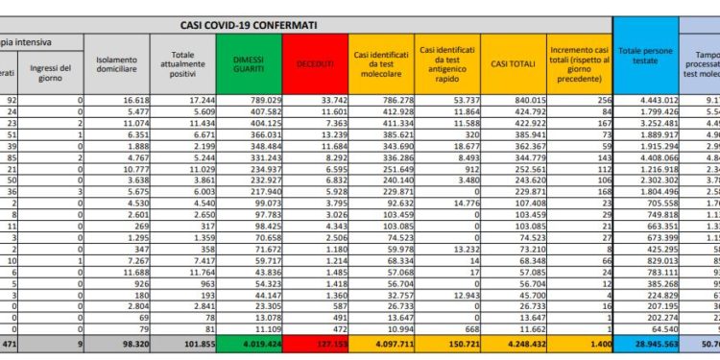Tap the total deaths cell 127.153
coord(322,342)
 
